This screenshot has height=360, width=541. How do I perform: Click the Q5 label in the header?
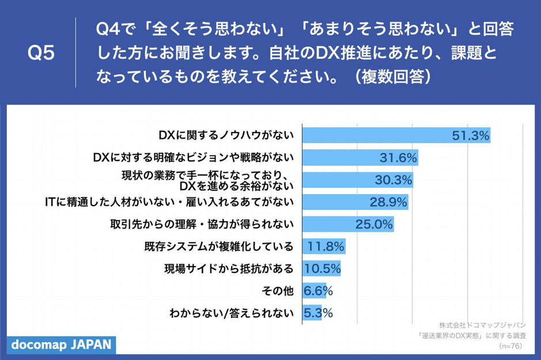41,53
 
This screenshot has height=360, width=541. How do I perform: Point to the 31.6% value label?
398,158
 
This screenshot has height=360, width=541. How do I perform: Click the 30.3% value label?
394,180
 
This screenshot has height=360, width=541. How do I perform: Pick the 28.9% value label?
388,202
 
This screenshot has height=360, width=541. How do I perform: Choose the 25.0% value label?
374,225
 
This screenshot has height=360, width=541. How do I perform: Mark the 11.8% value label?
326,247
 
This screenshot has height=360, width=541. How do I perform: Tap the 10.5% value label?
323,269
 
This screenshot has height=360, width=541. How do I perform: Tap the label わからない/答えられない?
232,313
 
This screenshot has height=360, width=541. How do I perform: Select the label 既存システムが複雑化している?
219,247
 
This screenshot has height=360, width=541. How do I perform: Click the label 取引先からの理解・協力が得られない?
202,225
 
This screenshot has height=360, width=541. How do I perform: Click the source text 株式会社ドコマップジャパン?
482,324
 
